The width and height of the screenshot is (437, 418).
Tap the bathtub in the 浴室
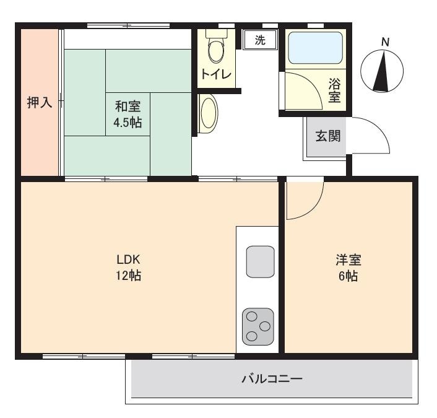pyautogui.click(x=315, y=48)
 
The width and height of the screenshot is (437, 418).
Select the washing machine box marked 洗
pyautogui.click(x=260, y=40)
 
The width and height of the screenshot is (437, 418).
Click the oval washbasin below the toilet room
pyautogui.click(x=209, y=113)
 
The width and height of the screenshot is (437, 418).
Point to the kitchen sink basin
pyautogui.click(x=261, y=261)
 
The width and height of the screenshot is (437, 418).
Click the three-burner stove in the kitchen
pyautogui.click(x=257, y=326)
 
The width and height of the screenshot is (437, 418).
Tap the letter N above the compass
pyautogui.click(x=385, y=42)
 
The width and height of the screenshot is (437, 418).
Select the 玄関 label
pyautogui.click(x=328, y=136)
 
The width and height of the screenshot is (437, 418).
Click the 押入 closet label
pyautogui.click(x=40, y=102)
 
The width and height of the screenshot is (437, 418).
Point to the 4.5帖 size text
pyautogui.click(x=128, y=123)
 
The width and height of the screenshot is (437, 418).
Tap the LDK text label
pyautogui.click(x=128, y=259)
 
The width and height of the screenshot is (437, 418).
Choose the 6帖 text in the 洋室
pyautogui.click(x=348, y=276)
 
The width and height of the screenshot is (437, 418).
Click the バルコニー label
pyautogui.click(x=272, y=379)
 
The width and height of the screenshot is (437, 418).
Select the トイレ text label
pyautogui.click(x=216, y=74)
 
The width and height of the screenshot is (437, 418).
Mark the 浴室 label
pyautogui.click(x=334, y=90)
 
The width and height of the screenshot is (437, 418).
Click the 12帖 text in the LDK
pyautogui.click(x=128, y=276)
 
